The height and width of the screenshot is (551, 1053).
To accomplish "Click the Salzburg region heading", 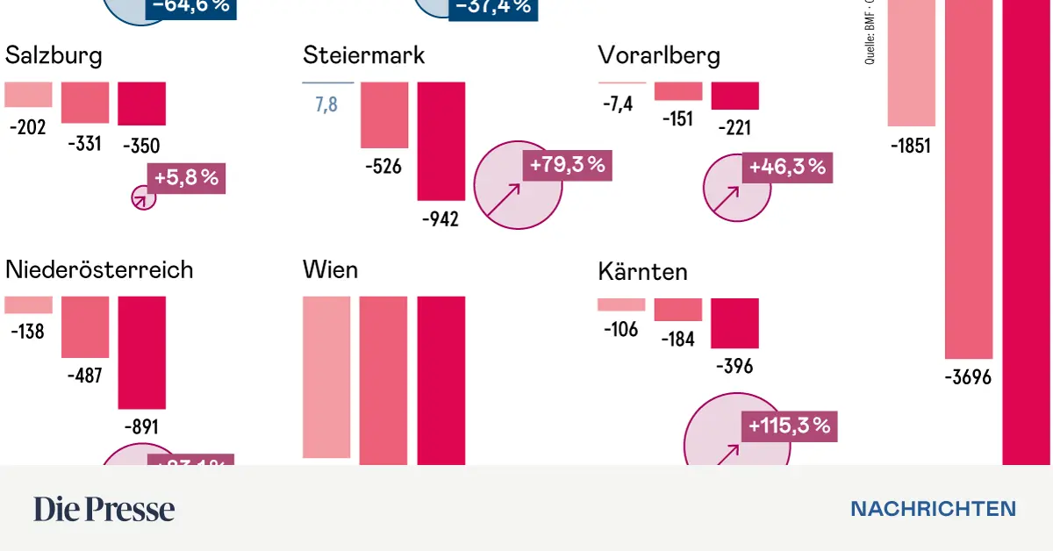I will click(54, 56).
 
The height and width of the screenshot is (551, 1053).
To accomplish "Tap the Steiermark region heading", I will click(363, 55).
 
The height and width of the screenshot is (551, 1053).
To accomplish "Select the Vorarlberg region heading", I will click(659, 56).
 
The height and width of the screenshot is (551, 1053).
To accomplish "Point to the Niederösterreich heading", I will click(99, 269).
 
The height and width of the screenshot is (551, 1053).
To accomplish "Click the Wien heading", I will click(330, 269).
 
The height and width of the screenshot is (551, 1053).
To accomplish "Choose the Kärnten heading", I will click(642, 271).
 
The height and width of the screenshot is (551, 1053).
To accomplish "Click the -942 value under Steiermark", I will click(441, 219).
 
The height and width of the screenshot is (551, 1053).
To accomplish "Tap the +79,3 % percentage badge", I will click(566, 165).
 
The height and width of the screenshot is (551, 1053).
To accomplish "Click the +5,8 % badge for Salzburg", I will click(186, 177).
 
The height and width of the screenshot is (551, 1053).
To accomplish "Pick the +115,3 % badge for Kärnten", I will click(789, 426).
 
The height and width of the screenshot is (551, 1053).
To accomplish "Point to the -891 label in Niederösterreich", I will click(141, 427).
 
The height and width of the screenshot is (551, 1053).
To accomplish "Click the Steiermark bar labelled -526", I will click(384, 115).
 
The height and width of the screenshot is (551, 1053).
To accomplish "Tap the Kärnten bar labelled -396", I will click(734, 323).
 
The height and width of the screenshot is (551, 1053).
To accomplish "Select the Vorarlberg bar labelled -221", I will click(734, 96).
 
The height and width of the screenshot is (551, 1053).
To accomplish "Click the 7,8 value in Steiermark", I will click(327, 106).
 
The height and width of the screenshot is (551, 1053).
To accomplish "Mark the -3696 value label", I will click(968, 378).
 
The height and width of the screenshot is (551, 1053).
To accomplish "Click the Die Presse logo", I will click(104, 509).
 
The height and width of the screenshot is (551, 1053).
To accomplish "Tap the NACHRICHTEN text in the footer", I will click(933, 509).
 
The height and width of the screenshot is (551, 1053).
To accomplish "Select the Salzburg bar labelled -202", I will click(28, 95).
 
